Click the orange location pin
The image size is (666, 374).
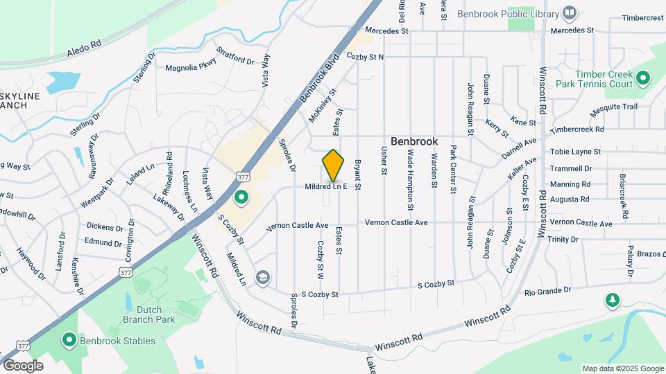click(334, 166)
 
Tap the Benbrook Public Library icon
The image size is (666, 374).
click(570, 13)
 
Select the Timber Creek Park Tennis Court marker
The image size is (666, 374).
click(643, 78)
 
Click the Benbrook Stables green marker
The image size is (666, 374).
click(69, 340)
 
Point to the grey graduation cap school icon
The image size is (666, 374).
click(262, 278)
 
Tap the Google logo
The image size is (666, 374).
click(23, 365)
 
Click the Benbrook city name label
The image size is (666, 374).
click(414, 141)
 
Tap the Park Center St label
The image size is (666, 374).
click(453, 169)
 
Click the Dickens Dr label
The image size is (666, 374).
click(105, 226)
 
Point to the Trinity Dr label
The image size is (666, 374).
click(563, 239)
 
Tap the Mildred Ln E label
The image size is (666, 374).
click(325, 187)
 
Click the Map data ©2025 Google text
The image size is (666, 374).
click(622, 368)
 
